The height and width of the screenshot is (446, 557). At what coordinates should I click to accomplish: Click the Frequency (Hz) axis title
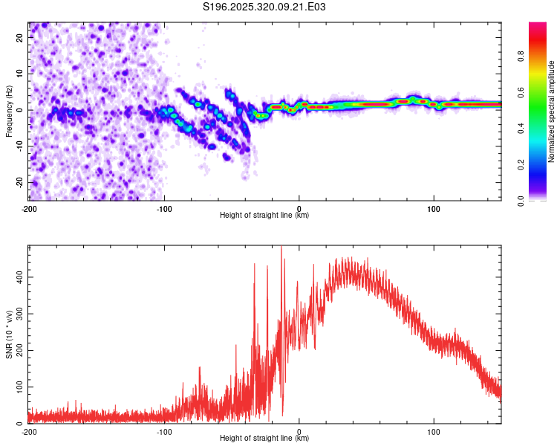[10, 111]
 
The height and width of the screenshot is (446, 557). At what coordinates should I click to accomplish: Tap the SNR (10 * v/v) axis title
[10, 335]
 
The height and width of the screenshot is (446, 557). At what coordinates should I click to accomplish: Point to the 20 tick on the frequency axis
[20, 39]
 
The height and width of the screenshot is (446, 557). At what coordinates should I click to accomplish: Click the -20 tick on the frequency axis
[19, 182]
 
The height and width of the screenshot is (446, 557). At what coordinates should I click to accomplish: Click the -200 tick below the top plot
[28, 207]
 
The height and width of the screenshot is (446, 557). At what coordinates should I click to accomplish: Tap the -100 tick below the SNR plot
[164, 431]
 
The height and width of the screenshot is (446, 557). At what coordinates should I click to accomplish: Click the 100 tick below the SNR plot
[434, 431]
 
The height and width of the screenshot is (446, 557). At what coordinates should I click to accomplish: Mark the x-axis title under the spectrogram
[264, 216]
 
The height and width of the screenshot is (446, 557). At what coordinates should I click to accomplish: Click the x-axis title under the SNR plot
[264, 439]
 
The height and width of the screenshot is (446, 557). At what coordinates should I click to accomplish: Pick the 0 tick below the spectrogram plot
[299, 207]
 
